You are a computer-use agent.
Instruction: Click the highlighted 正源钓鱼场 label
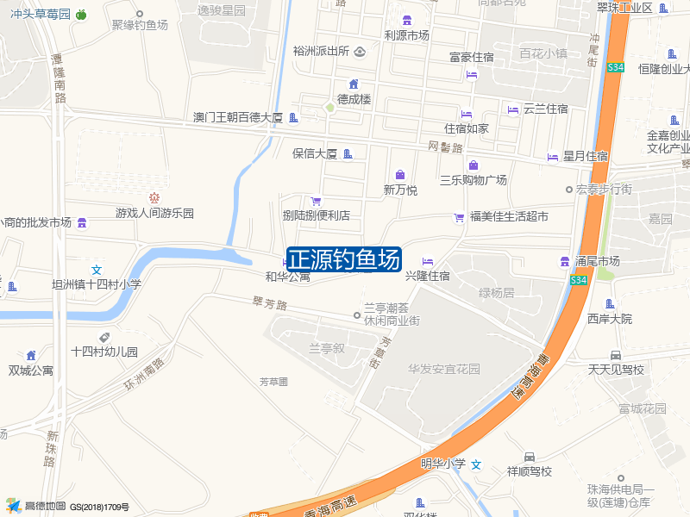[x=343, y=258]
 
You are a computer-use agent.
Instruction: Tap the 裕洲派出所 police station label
[x=321, y=51]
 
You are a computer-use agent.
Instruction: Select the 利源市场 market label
[x=406, y=35]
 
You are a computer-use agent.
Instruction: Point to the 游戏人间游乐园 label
[x=155, y=213]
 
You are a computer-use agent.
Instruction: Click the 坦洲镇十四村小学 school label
[x=97, y=284]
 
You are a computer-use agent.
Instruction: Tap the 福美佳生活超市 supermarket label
[x=509, y=216]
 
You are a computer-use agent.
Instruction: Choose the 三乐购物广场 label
[x=473, y=180]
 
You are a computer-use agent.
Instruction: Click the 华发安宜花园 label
[x=444, y=369]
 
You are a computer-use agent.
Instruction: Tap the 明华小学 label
[x=442, y=464]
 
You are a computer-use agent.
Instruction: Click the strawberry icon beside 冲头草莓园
[x=81, y=14]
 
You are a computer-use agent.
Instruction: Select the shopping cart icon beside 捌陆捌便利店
[x=316, y=201]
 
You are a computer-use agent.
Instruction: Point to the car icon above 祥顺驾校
[x=529, y=457]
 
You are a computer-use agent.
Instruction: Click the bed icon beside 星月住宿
[x=552, y=157]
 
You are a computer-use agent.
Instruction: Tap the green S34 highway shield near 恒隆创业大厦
[x=614, y=66]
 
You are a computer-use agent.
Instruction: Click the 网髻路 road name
[x=446, y=147]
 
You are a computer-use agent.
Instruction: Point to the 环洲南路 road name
[x=143, y=376]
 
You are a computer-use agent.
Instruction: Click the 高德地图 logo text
[x=45, y=506]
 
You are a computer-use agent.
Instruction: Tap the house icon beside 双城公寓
[x=31, y=355]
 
